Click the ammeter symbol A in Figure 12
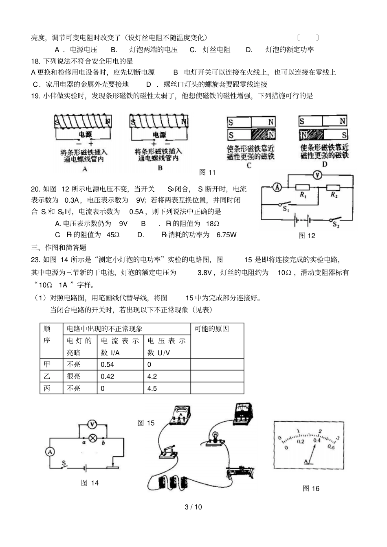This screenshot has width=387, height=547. tap(277, 187)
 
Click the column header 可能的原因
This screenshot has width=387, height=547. tap(212, 329)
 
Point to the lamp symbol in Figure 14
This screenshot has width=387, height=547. tap(92, 438)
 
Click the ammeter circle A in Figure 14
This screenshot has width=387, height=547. tap(50, 451)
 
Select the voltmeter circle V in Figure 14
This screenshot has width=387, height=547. tap(92, 424)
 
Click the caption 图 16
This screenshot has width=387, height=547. tap(311, 489)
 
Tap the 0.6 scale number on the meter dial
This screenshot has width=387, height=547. tap(330, 448)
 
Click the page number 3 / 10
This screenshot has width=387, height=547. tap(193, 507)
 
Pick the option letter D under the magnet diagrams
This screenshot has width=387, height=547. tap(324, 164)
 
